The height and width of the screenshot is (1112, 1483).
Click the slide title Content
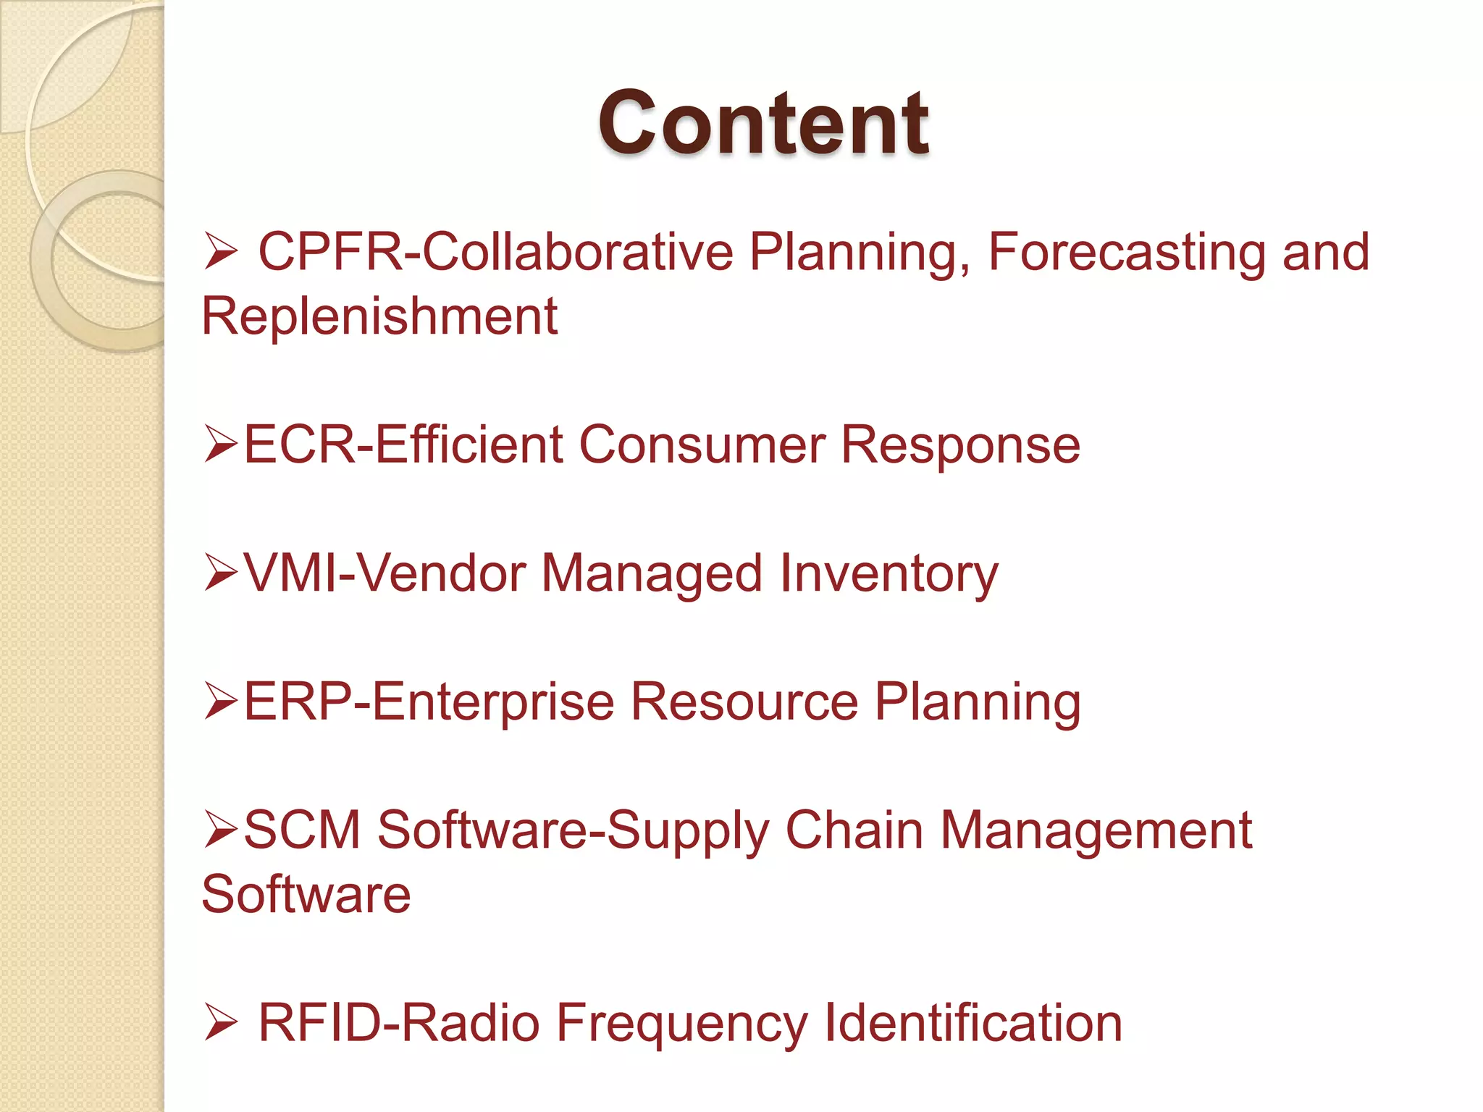763,123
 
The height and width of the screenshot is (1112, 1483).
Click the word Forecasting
1126,253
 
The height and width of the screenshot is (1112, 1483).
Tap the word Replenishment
379,316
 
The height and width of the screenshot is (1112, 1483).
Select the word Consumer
702,445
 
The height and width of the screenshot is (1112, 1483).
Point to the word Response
960,445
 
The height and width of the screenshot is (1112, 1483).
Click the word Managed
652,573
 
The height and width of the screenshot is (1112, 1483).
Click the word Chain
854,830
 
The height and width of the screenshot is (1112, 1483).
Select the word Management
1096,830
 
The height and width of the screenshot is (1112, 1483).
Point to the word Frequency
681,1023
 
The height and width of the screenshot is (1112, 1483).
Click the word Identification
973,1023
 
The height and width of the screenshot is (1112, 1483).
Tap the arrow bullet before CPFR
220,253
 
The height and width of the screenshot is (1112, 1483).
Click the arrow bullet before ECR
220,445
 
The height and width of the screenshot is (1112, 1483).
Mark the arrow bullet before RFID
220,1023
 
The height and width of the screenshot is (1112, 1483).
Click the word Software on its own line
306,895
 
